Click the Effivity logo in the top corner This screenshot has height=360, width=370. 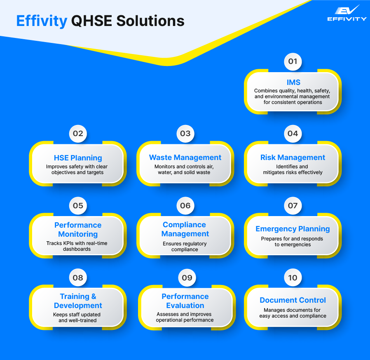click(x=347, y=13)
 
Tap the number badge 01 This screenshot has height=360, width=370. click(x=293, y=62)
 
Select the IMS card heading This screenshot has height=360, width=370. click(x=293, y=82)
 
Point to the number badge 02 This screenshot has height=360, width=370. click(x=78, y=134)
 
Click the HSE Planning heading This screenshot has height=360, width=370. click(x=78, y=158)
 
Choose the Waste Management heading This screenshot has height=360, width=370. click(x=185, y=158)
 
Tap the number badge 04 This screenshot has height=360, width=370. click(x=293, y=134)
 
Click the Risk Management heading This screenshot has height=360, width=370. click(x=293, y=158)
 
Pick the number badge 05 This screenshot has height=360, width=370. click(x=78, y=205)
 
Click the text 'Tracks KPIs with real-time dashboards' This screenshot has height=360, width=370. click(x=77, y=246)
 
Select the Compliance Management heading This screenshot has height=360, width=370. click(x=185, y=229)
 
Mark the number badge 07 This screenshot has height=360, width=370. click(x=293, y=205)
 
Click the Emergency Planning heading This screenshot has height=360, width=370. click(x=293, y=229)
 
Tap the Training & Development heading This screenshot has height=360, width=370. click(x=78, y=301)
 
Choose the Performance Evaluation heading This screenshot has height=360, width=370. click(x=185, y=301)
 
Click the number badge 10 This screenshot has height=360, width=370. click(x=293, y=278)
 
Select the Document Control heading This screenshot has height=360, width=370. click(x=293, y=300)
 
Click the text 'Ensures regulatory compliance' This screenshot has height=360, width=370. click(x=185, y=247)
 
